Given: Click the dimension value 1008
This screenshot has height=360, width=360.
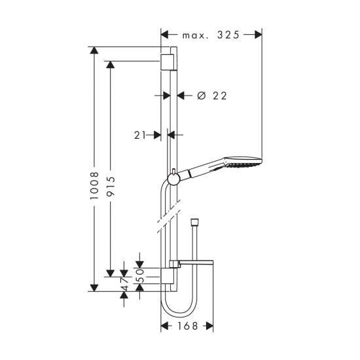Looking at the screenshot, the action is [x=94, y=185].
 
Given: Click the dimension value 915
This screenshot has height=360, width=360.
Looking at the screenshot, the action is [x=111, y=186].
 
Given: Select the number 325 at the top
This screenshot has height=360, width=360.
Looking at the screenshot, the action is [x=228, y=35].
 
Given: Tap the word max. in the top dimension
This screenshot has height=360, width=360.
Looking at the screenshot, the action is [x=195, y=36].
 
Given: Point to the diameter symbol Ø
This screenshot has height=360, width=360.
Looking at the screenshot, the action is [x=202, y=96].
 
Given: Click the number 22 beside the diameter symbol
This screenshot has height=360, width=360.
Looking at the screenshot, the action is [x=220, y=96].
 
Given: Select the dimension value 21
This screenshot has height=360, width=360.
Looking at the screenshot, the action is [x=140, y=135].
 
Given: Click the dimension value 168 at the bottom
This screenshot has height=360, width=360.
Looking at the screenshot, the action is [x=188, y=326].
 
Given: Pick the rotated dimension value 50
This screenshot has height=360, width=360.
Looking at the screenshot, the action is [x=139, y=276].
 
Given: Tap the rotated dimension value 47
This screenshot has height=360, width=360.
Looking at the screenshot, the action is [x=124, y=284].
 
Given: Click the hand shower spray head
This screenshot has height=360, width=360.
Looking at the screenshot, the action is [x=243, y=162].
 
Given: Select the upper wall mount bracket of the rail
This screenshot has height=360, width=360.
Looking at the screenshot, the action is [x=167, y=62].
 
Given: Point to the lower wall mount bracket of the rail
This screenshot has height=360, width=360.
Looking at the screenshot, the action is [x=167, y=276].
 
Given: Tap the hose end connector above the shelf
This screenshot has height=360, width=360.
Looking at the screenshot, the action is [x=194, y=223].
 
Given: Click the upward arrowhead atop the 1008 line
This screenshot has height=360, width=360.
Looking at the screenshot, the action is [x=94, y=50].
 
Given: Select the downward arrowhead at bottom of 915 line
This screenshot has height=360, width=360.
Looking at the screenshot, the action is [x=111, y=273].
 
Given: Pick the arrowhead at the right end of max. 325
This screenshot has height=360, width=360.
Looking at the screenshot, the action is [x=259, y=35].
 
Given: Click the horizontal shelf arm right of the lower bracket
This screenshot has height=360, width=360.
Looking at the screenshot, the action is [x=196, y=262].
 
